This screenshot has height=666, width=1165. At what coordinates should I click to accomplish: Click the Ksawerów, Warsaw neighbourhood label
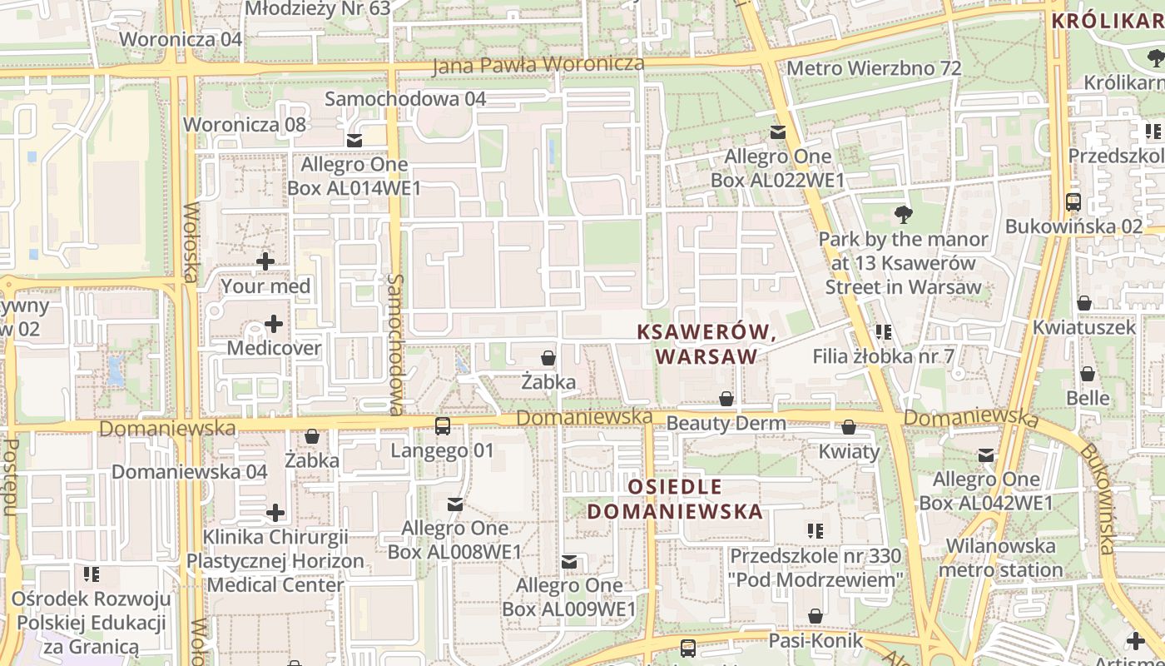point(706,344)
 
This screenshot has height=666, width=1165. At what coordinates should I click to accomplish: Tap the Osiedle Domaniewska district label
point(675,499)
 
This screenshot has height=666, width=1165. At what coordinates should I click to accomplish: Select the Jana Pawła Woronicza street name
point(538,64)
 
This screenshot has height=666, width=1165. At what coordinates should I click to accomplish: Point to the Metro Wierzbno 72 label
point(874,68)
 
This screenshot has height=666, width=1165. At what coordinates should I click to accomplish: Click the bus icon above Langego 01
point(443,426)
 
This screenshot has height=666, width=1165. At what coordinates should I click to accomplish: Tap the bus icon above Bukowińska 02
point(1073,201)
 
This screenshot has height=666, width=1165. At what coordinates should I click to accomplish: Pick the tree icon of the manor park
point(903,215)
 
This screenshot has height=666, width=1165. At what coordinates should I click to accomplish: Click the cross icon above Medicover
point(274,323)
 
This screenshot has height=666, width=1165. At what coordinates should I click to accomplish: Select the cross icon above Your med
point(265,261)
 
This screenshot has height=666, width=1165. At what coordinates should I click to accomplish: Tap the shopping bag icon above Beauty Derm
point(726,399)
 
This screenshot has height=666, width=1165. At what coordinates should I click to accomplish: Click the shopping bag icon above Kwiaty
point(849,427)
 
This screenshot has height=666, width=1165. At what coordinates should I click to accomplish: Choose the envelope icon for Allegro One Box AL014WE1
point(354,140)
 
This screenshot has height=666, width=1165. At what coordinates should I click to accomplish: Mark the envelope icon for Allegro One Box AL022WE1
point(778,132)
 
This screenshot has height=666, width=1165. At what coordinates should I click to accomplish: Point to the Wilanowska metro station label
point(1001,559)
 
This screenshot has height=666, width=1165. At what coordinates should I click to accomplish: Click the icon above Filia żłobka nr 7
point(884,332)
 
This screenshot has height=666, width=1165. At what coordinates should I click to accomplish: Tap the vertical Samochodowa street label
point(396,344)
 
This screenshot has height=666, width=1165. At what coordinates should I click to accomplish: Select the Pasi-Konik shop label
point(815,641)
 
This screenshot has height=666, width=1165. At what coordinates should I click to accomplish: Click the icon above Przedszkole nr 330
point(815,530)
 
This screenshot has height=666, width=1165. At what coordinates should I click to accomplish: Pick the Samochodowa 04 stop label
point(405,98)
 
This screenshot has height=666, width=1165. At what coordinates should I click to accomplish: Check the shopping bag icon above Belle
point(1088,374)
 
